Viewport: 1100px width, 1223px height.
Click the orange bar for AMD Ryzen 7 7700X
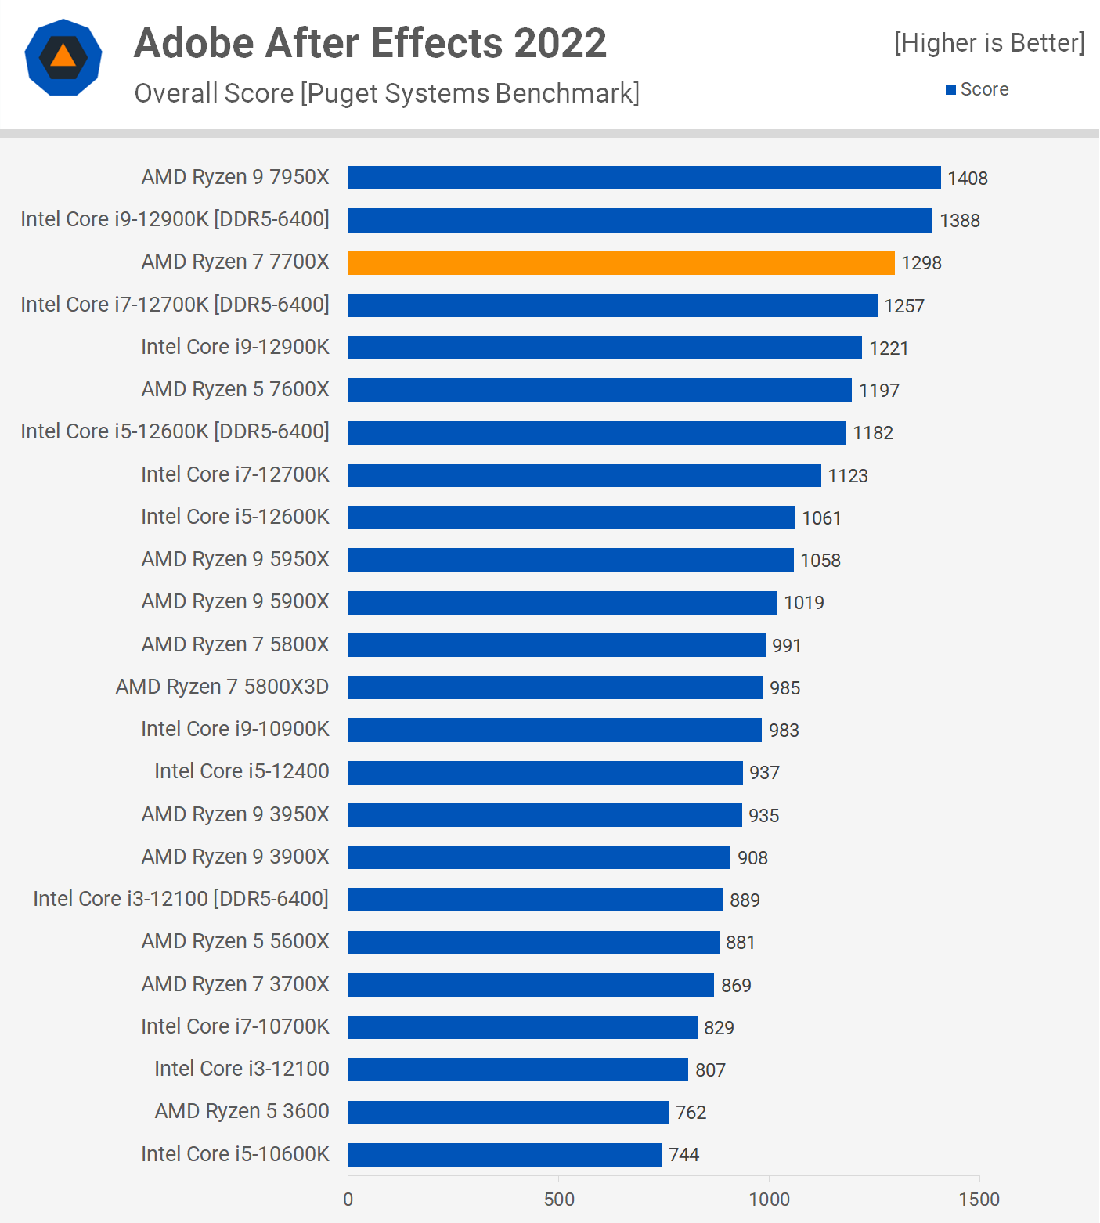click(x=621, y=263)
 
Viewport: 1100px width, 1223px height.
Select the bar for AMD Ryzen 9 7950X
click(x=644, y=178)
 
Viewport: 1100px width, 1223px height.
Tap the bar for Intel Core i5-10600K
click(x=504, y=1154)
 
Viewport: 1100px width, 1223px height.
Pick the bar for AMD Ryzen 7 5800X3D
click(x=555, y=687)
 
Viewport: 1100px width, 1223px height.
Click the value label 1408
click(x=968, y=179)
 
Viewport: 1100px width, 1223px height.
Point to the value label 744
click(x=683, y=1155)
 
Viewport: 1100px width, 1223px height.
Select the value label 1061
click(x=821, y=518)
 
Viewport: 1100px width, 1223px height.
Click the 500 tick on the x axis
click(x=559, y=1200)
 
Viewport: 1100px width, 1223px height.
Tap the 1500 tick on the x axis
click(x=979, y=1200)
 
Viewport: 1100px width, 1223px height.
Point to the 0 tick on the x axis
click(x=348, y=1200)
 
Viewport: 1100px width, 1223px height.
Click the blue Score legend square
click(x=950, y=90)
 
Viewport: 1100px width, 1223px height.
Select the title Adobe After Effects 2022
click(x=370, y=43)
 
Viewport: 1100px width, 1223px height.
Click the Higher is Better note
click(x=990, y=43)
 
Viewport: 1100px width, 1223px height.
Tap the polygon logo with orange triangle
click(x=63, y=57)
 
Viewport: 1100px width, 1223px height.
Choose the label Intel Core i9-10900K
click(x=235, y=729)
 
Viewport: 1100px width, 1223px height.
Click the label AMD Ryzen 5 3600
click(x=242, y=1111)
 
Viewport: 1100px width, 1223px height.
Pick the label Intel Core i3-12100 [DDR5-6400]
click(x=181, y=899)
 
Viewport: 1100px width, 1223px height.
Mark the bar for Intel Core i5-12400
click(x=545, y=773)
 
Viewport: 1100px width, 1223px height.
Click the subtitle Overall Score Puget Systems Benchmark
click(x=387, y=93)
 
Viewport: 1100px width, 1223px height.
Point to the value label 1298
click(x=921, y=263)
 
